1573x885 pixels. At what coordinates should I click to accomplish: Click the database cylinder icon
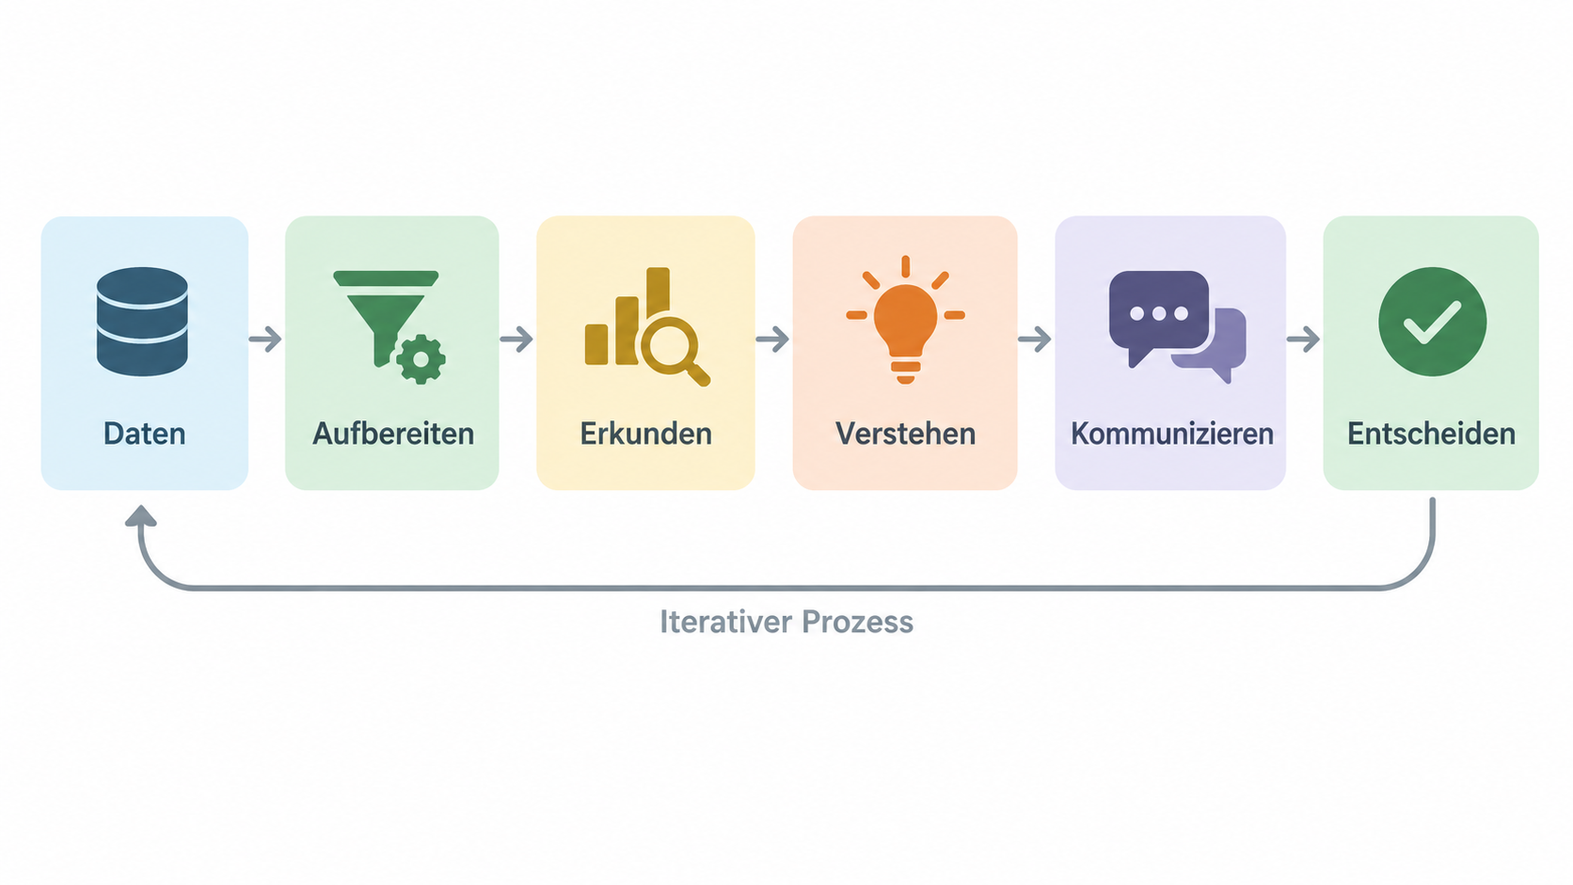click(142, 321)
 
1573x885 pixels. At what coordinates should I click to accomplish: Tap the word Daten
click(145, 434)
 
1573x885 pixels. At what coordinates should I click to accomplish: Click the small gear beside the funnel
click(421, 359)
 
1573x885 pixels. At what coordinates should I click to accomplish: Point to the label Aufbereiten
click(393, 434)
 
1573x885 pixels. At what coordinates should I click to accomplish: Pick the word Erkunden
click(646, 434)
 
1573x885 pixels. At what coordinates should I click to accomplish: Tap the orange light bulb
click(905, 320)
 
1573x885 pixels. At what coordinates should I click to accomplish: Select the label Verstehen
click(905, 434)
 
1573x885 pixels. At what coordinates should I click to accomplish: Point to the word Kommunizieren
click(1172, 434)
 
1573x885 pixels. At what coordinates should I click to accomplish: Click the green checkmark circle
click(1433, 322)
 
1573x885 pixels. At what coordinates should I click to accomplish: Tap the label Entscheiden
click(1431, 434)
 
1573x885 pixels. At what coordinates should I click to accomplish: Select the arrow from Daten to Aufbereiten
click(265, 339)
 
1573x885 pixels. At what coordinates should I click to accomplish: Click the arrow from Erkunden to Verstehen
click(772, 339)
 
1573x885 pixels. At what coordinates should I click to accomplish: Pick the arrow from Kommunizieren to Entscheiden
click(1303, 339)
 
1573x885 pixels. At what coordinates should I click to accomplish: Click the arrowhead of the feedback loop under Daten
click(140, 515)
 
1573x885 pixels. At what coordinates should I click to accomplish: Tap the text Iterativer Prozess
click(786, 622)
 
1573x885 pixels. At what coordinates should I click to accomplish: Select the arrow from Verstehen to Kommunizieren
click(1034, 339)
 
